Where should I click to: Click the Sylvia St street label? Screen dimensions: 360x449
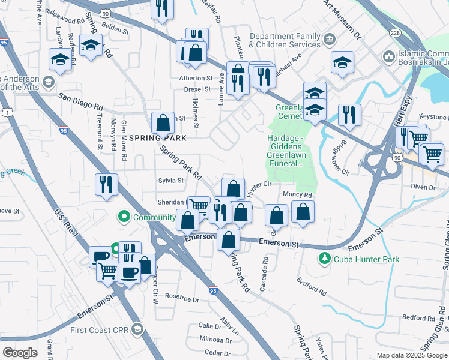pyautogui.click(x=170, y=180)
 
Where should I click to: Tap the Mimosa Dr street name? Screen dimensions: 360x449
pyautogui.click(x=211, y=338)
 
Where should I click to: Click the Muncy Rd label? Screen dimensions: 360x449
pyautogui.click(x=297, y=195)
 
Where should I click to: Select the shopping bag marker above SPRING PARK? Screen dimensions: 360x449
pyautogui.click(x=163, y=123)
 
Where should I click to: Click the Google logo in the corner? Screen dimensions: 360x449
pyautogui.click(x=20, y=353)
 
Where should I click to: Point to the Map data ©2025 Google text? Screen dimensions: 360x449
pyautogui.click(x=411, y=355)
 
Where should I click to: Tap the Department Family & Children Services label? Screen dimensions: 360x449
pyautogui.click(x=285, y=40)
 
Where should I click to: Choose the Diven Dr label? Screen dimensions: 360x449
pyautogui.click(x=423, y=188)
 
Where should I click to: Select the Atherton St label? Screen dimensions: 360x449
pyautogui.click(x=196, y=78)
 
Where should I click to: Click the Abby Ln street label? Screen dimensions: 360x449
pyautogui.click(x=229, y=328)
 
